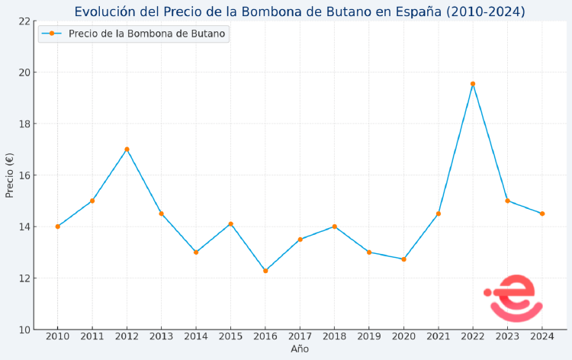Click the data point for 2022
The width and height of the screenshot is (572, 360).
pos(473,84)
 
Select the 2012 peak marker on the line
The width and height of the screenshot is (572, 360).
pos(127,149)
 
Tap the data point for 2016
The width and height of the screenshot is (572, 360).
pos(265,271)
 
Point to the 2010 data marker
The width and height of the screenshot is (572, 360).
pos(57,227)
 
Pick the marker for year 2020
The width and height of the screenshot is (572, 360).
pos(403,259)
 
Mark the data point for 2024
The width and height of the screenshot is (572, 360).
pos(542,214)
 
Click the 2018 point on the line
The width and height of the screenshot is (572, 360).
pos(334,227)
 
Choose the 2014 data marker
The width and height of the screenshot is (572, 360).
pos(196,252)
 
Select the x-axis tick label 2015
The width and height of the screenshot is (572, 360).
pos(230,336)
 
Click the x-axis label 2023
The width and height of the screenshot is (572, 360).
pos(507,336)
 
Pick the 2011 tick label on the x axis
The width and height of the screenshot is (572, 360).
pos(92,336)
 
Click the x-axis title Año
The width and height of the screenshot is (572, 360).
pos(300,349)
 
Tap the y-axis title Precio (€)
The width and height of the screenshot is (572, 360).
pos(10,175)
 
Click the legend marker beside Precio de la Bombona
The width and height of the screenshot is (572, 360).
pos(52,34)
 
